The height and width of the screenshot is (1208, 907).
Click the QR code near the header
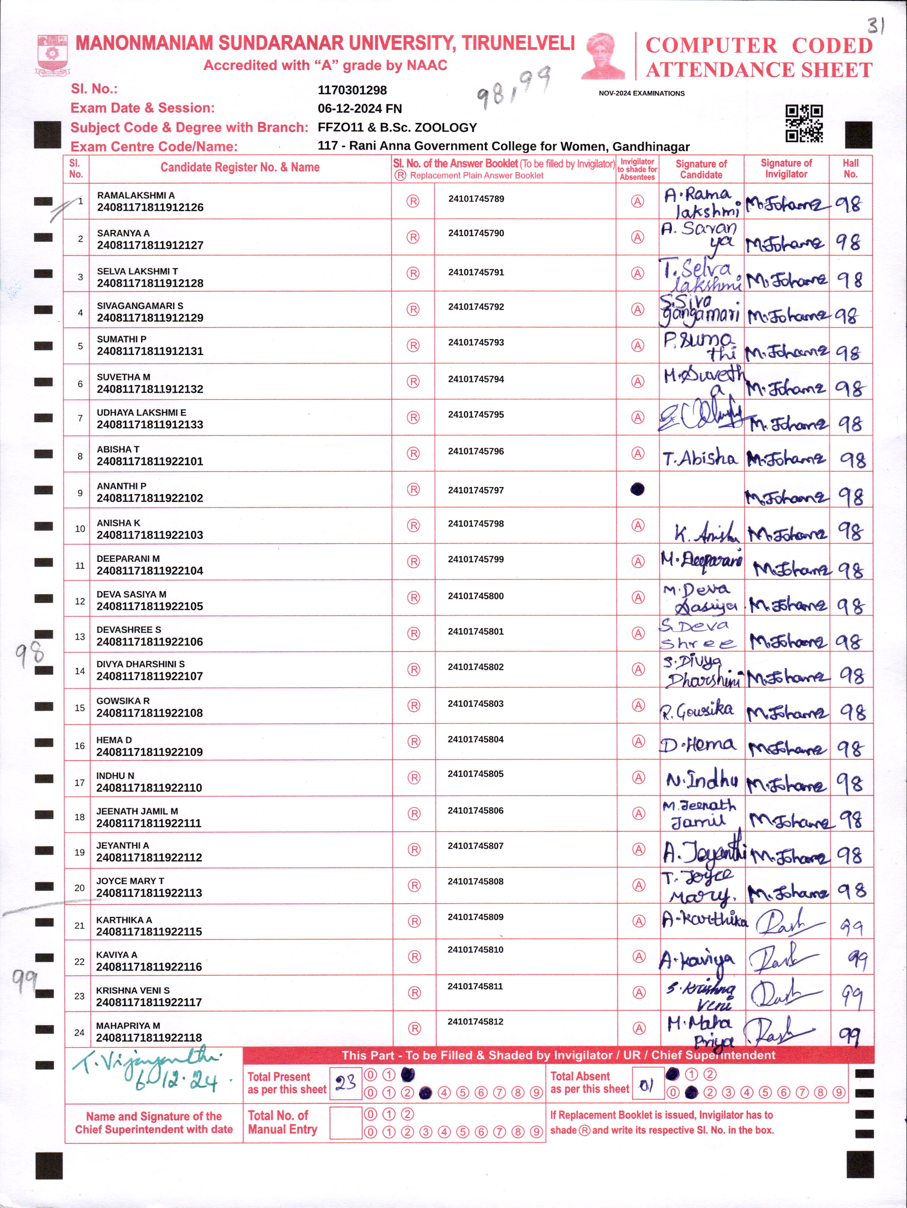pos(804,124)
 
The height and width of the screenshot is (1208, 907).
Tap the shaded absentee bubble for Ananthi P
pos(637,489)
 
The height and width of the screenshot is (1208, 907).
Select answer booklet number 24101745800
pos(476,596)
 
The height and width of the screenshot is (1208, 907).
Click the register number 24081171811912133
pos(150,424)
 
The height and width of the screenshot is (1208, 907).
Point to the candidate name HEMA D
pos(114,740)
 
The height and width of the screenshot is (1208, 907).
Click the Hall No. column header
pos(850,169)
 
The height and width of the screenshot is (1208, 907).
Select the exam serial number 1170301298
pos(352,90)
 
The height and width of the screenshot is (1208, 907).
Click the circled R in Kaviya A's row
pos(415,957)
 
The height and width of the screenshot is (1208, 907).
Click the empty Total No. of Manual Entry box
pos(345,1123)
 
